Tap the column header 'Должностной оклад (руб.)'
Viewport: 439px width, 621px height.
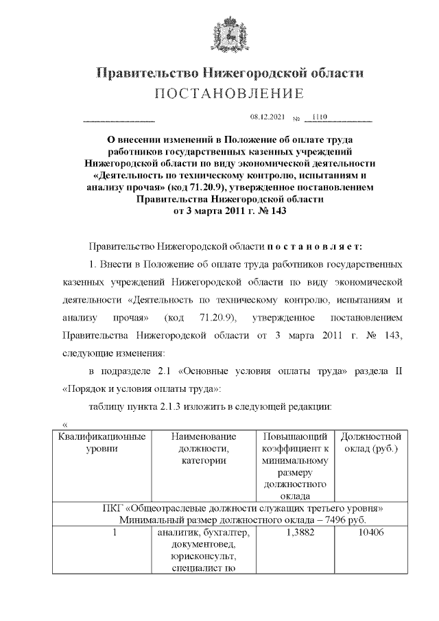tap(370, 442)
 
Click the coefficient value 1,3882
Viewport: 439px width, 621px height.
tap(298, 533)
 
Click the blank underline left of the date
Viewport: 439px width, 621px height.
tap(119, 121)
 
